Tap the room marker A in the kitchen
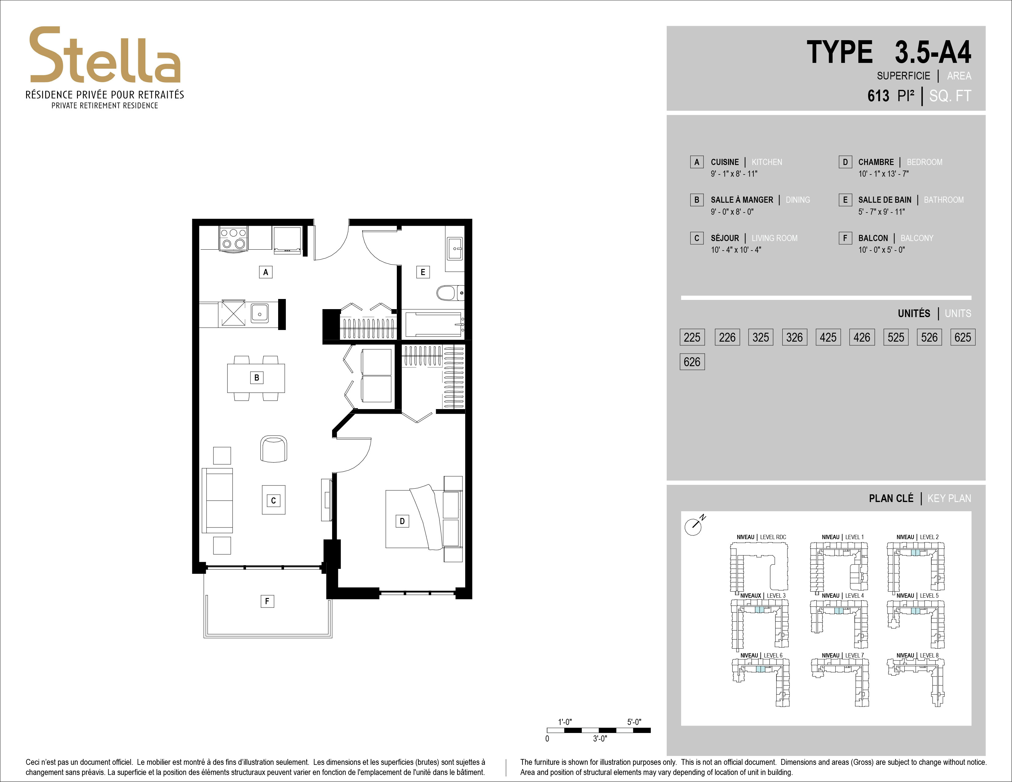tap(266, 272)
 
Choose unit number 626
tap(692, 362)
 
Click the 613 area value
tap(878, 96)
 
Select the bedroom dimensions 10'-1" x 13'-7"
tap(883, 174)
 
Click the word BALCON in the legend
tap(873, 238)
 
